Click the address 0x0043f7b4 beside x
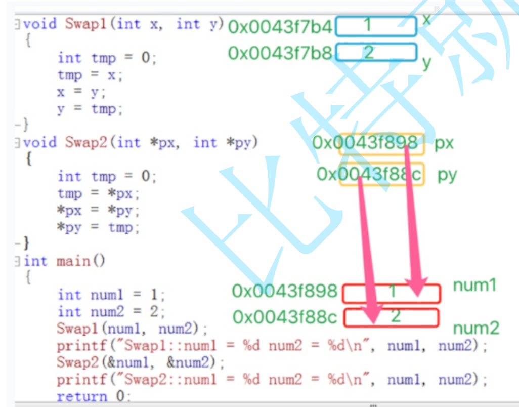(x=280, y=27)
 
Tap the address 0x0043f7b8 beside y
(x=280, y=53)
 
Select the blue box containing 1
(x=376, y=27)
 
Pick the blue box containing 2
(x=376, y=52)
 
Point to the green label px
(x=444, y=144)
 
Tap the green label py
(x=447, y=175)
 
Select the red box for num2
(x=391, y=317)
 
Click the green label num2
(x=476, y=329)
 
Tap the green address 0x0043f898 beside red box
(x=285, y=291)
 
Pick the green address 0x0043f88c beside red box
(x=285, y=317)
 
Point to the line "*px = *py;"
(x=98, y=210)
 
